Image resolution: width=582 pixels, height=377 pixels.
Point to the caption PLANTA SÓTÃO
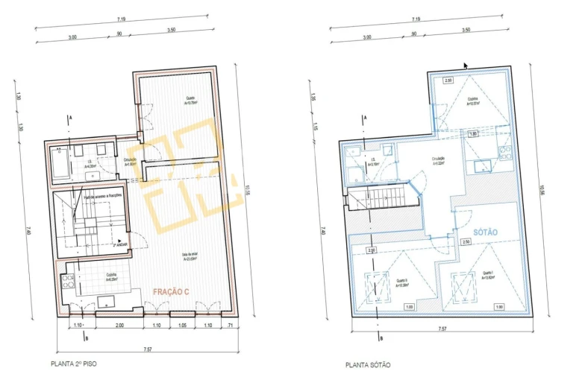click(x=368, y=365)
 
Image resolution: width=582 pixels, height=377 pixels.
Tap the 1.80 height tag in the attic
click(x=472, y=134)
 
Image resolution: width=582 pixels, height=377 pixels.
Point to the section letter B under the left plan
click(x=87, y=338)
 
